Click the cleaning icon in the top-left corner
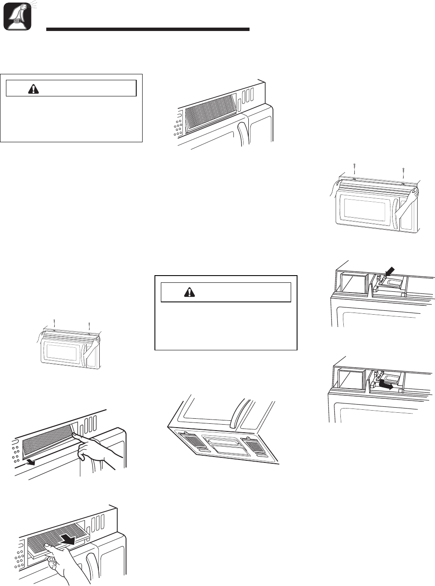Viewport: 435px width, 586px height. [17, 16]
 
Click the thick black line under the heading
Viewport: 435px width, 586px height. [147, 30]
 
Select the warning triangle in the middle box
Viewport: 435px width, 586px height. [188, 292]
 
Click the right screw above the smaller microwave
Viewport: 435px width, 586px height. [90, 325]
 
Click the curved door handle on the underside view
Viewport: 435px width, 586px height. [233, 411]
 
